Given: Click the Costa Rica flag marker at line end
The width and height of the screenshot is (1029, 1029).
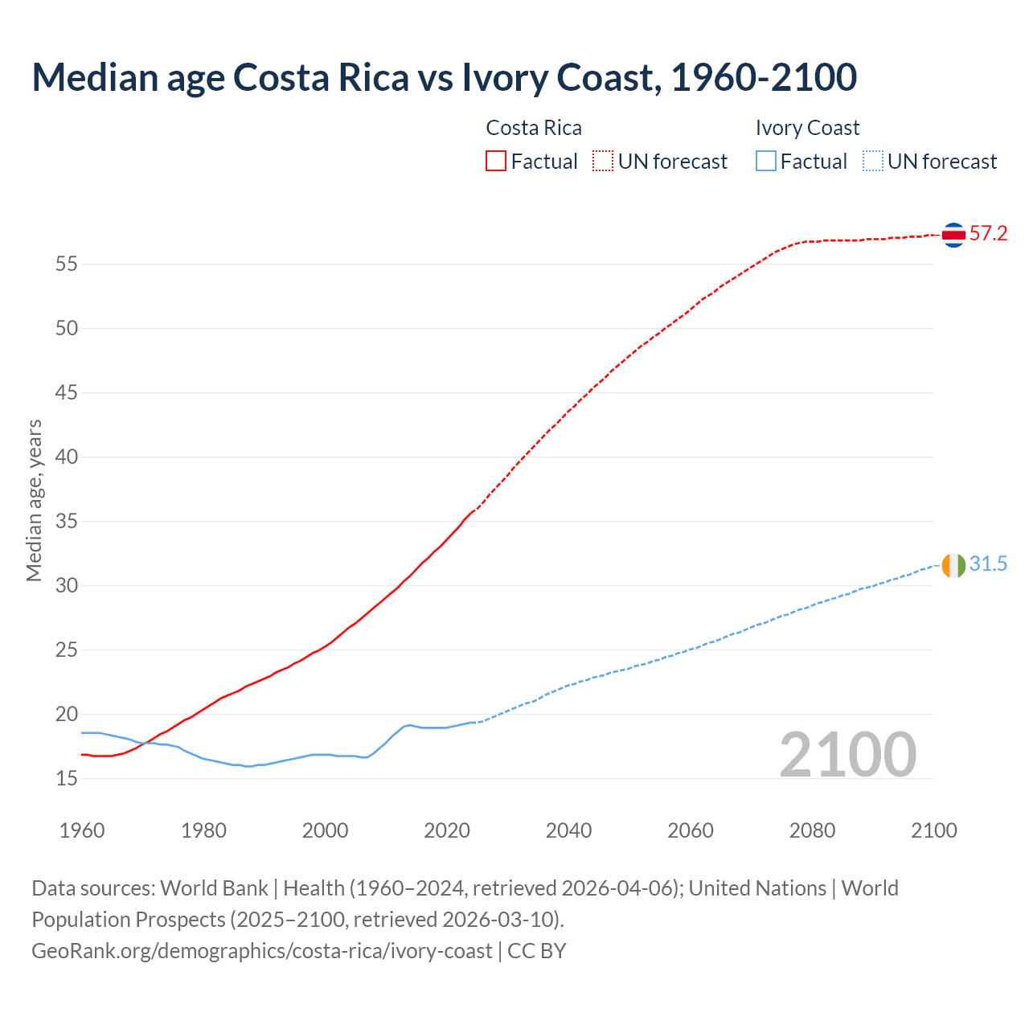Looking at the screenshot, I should (x=953, y=235).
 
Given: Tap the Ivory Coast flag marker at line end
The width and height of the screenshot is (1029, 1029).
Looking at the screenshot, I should (x=953, y=565).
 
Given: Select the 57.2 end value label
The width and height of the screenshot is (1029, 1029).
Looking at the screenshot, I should (x=988, y=234).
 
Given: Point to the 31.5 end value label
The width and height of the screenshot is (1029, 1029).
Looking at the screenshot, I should (x=988, y=564).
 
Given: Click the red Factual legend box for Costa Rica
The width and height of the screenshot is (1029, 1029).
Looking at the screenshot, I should (x=496, y=162).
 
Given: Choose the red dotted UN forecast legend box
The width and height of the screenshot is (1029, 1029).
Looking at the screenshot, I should (x=603, y=162).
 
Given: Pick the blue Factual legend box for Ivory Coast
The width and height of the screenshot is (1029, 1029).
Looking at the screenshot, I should (x=766, y=162).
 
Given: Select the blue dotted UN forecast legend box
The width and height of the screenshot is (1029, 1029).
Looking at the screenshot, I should (x=873, y=162).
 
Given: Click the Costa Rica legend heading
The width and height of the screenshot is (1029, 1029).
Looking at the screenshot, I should (x=534, y=128).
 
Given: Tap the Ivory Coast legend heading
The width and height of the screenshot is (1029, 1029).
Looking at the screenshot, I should (x=807, y=128).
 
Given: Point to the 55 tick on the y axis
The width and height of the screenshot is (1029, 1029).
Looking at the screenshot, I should (x=66, y=264).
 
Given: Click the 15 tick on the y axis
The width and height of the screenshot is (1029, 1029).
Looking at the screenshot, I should (x=66, y=779).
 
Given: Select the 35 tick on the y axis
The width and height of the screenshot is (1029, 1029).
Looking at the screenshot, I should (x=66, y=522).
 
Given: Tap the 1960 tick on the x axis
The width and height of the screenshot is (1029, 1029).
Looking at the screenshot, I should (x=82, y=830).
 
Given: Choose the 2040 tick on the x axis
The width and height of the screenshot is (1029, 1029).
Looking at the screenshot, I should (x=568, y=830).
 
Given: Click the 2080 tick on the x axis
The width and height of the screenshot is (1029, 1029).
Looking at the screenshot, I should (x=812, y=830).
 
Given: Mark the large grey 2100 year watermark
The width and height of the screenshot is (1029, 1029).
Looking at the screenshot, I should (x=847, y=755).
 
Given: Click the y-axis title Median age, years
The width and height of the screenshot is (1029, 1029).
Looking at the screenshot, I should (x=34, y=500).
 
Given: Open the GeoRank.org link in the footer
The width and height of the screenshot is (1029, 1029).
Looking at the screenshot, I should (x=261, y=951).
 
